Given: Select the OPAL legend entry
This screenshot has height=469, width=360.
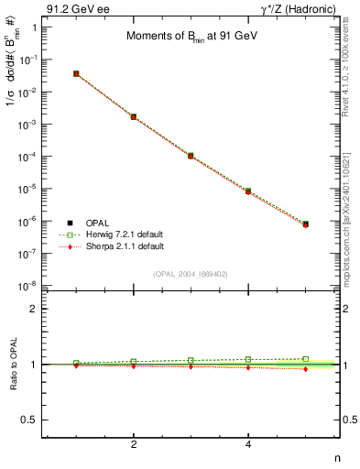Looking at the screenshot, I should click(x=87, y=223).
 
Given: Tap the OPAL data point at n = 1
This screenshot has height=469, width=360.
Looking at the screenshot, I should click(x=76, y=73).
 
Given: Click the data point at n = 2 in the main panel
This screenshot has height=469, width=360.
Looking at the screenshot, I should click(x=134, y=117).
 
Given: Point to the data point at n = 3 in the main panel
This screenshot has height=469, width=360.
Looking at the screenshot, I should click(x=191, y=156).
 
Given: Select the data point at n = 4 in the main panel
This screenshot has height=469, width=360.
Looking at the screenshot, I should click(x=248, y=191).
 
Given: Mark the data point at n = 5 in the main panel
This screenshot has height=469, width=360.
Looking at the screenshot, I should click(x=305, y=224).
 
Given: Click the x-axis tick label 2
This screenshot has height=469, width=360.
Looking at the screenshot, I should click(x=134, y=444).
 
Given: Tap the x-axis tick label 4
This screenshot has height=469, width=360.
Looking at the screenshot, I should click(x=248, y=444).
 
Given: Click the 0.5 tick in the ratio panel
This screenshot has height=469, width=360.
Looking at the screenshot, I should click(x=30, y=420).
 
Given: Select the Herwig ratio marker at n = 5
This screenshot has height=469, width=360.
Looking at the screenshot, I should click(x=305, y=359).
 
